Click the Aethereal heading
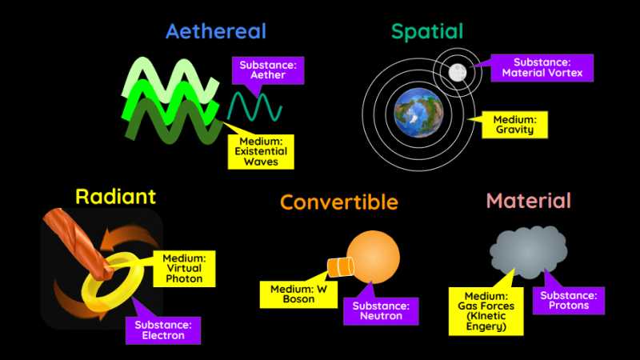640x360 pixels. [215, 32]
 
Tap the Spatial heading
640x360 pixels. [427, 32]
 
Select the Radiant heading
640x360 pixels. [115, 197]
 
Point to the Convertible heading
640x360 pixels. [338, 202]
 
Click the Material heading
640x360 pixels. [528, 201]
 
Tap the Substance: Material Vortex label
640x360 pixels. [542, 68]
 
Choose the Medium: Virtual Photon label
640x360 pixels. [184, 268]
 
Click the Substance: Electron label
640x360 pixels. [162, 330]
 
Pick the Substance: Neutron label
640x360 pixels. [381, 311]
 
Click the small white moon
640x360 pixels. [458, 73]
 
